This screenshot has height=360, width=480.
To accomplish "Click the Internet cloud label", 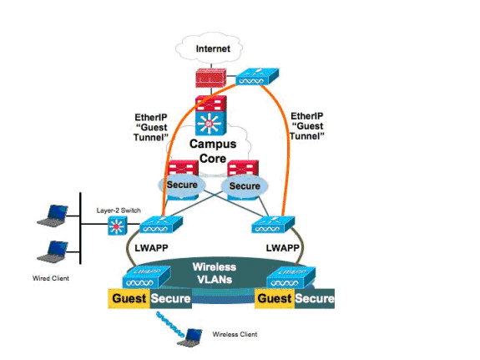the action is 213,48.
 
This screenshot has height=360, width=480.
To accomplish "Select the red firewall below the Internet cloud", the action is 211,78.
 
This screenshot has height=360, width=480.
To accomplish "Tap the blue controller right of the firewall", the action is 257,77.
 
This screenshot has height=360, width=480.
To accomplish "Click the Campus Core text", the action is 213,151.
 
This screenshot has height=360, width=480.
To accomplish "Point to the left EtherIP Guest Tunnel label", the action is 151,127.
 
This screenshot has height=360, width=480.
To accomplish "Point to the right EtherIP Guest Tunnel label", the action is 306,126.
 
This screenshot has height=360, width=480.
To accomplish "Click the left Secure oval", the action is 182,185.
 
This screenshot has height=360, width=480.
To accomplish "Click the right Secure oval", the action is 245,186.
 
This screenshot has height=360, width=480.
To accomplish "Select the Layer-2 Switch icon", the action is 118,226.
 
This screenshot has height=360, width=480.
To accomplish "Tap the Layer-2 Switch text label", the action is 119,210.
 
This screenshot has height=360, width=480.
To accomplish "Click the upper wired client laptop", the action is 53,215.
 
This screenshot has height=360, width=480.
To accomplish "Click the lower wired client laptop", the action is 53,252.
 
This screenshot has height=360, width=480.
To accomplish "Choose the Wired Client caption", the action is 51,278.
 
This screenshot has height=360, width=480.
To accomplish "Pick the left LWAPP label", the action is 152,248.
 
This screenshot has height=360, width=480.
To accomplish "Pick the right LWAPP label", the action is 282,248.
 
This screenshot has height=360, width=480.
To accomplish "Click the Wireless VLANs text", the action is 215,273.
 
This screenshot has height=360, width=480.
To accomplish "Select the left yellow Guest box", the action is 129,298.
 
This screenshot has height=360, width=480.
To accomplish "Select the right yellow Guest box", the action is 275,298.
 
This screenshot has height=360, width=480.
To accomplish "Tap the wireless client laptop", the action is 190,337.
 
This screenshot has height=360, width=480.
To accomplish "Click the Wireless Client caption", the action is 235,334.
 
